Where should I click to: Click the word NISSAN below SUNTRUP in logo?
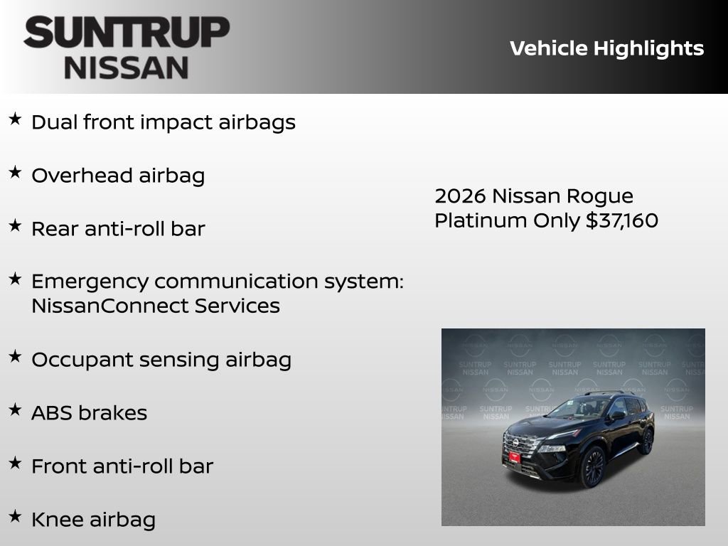(x=127, y=68)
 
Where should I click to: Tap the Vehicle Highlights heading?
(x=606, y=48)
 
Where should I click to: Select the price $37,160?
(x=622, y=220)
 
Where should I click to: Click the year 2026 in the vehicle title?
(x=460, y=196)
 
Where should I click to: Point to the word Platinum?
(x=481, y=220)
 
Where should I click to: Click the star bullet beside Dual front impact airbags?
(x=15, y=119)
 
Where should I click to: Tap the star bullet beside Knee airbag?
(x=15, y=516)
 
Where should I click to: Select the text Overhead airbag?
(x=118, y=176)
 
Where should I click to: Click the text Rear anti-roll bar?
(x=118, y=229)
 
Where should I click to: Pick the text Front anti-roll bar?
(x=122, y=466)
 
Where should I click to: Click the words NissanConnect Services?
(x=155, y=306)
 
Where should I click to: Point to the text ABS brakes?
(x=89, y=413)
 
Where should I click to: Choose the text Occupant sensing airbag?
(x=161, y=360)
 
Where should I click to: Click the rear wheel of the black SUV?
(x=646, y=441)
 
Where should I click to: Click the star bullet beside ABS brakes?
(x=15, y=409)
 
